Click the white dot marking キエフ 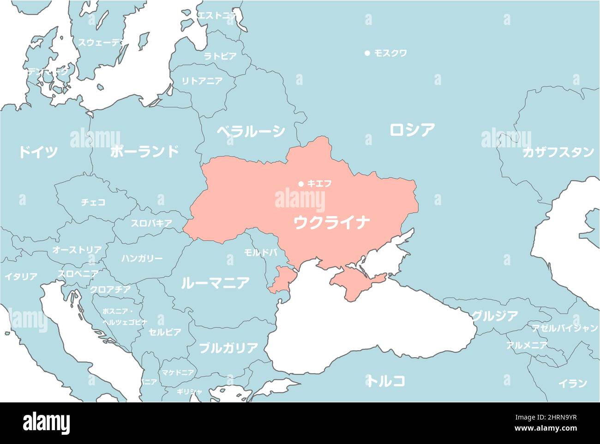pos(301,183)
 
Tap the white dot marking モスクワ pos(367,53)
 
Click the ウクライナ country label pos(332,223)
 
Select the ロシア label pos(412,130)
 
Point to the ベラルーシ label pos(251,132)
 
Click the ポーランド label pos(144,151)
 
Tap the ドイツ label pos(38,152)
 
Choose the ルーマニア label pos(215,282)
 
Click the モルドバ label pos(261,252)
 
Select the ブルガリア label pos(228,348)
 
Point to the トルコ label pos(387,381)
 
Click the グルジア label pos(494,316)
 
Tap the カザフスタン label pos(558,152)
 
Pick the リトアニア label pos(202,81)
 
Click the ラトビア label pos(220,56)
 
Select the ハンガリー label pos(142,258)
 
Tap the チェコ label pos(93,202)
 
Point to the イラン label pos(573,383)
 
